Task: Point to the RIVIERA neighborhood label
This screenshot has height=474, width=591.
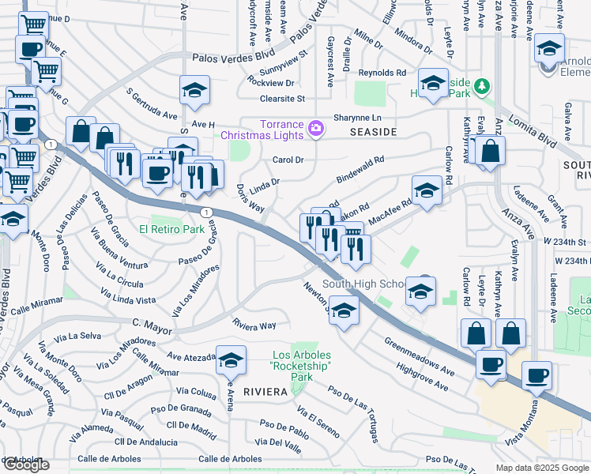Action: coord(264,391)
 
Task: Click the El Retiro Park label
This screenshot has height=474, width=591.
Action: coord(171,230)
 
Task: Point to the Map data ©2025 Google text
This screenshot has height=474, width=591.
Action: coord(543,468)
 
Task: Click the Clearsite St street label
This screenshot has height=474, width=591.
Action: coord(283,99)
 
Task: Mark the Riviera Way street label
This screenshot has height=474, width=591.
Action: coord(254,325)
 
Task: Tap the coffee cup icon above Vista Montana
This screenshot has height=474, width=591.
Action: coord(537,376)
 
